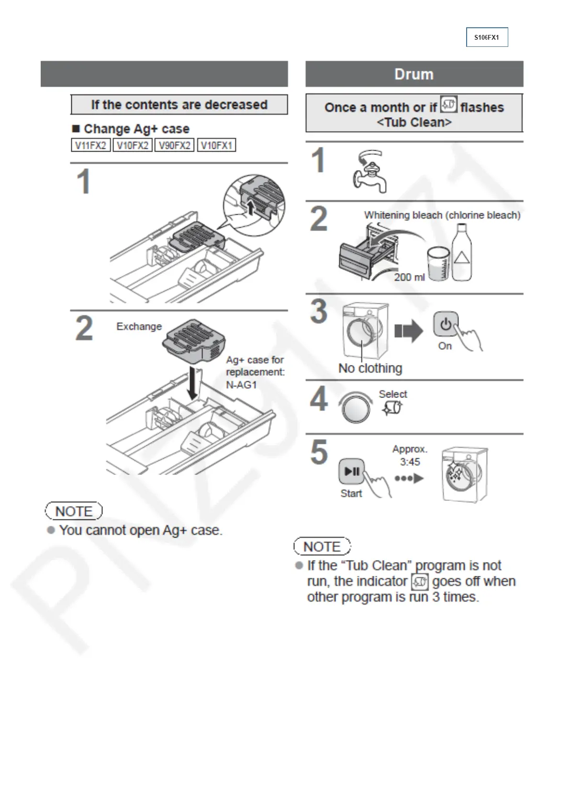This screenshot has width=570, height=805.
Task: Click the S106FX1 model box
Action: coord(487,37)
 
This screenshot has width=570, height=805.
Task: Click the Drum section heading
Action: coord(414,74)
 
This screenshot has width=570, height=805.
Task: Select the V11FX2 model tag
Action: coord(90,145)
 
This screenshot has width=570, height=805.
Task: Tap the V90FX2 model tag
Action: coord(174,145)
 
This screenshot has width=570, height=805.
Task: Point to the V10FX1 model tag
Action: coord(216,145)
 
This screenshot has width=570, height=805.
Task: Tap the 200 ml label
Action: coord(409,277)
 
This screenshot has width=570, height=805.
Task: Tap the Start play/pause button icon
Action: coord(352,472)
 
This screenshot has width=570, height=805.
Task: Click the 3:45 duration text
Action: coord(410,462)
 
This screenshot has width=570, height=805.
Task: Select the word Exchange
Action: coord(139,326)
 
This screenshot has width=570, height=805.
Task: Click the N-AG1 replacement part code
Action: coord(241,385)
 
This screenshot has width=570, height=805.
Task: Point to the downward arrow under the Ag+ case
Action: coord(192,383)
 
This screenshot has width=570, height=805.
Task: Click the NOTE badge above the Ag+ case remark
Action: coord(74,511)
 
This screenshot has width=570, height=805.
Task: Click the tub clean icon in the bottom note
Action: coord(420,582)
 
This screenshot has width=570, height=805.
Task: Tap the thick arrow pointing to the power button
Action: coord(408,331)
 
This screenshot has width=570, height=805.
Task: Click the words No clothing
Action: coord(370,368)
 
